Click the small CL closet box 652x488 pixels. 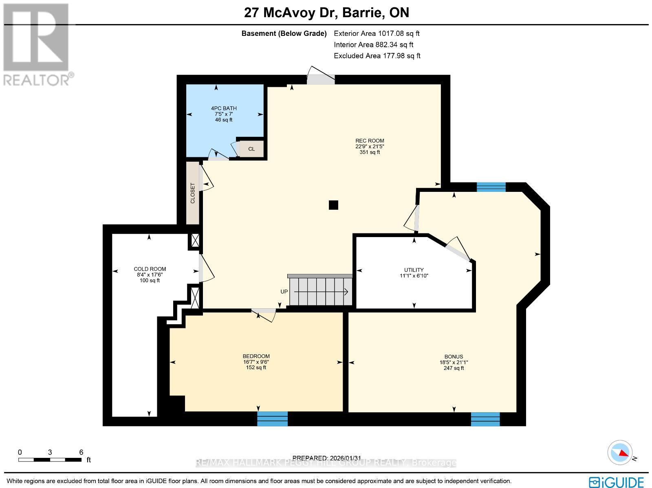[251, 149]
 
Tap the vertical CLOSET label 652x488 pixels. [193, 193]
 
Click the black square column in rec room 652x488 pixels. [333, 205]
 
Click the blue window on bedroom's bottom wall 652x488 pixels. [272, 418]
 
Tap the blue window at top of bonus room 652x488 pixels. [491, 187]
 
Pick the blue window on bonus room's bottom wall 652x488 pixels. [485, 419]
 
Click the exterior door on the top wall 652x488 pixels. [321, 78]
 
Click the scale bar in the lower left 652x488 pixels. [50, 459]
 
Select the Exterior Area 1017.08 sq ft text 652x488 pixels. [377, 33]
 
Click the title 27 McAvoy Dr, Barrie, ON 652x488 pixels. [326, 13]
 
